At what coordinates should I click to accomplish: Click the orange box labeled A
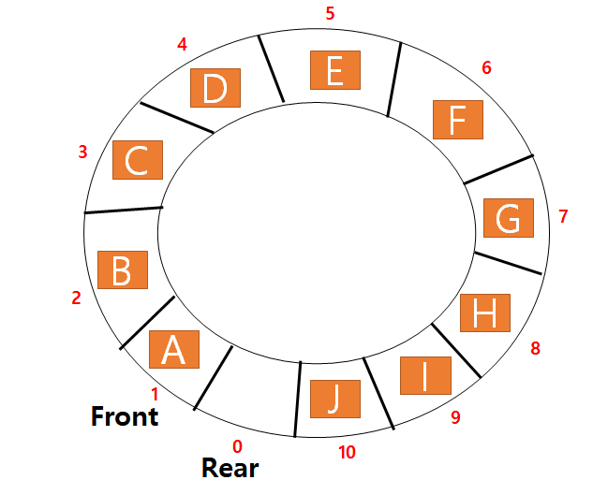[x=174, y=349]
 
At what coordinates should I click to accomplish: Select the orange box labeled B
[x=123, y=269]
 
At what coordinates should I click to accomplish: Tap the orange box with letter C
[x=138, y=160]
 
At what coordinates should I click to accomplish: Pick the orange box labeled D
[x=215, y=89]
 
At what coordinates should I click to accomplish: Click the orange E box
[x=335, y=70]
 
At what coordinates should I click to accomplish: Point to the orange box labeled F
[x=457, y=120]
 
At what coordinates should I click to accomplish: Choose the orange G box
[x=508, y=218]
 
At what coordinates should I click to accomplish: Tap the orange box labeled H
[x=484, y=313]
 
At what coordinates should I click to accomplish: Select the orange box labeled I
[x=425, y=375]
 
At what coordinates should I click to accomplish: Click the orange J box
[x=334, y=399]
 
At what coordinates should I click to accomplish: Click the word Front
[x=125, y=416]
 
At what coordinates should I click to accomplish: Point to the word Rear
[x=230, y=466]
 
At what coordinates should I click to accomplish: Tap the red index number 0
[x=237, y=446]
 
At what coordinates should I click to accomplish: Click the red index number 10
[x=347, y=453]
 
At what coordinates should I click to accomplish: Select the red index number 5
[x=330, y=14]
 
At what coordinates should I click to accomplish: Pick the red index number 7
[x=563, y=217]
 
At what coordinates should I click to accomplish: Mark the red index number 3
[x=82, y=152]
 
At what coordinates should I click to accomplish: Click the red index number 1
[x=155, y=395]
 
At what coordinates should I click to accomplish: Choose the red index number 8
[x=535, y=349]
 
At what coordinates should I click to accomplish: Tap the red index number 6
[x=486, y=67]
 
